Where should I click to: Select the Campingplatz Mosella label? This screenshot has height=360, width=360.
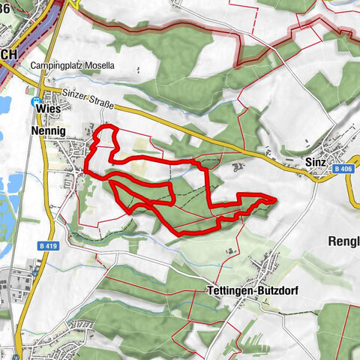click(x=73, y=66)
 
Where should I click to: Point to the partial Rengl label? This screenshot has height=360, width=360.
click(x=345, y=241)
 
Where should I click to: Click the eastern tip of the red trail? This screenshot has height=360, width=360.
click(x=276, y=199)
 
